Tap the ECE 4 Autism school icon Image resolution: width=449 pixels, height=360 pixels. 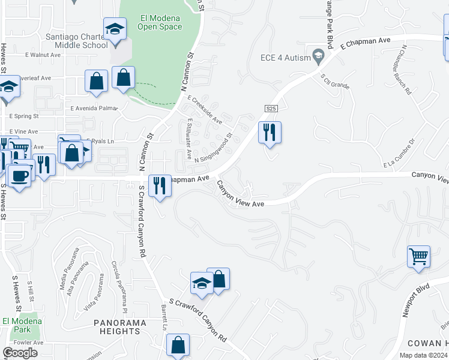pos(318,58)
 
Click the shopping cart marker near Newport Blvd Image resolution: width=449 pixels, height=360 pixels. pos(418,257)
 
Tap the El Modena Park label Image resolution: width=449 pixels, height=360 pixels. pos(22,325)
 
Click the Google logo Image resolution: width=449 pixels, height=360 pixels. pos(20,352)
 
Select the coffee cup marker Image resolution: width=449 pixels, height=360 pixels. pos(20,176)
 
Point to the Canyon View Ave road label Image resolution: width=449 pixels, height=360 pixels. pos(241,196)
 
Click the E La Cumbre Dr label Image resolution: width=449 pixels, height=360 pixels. pos(399,154)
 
